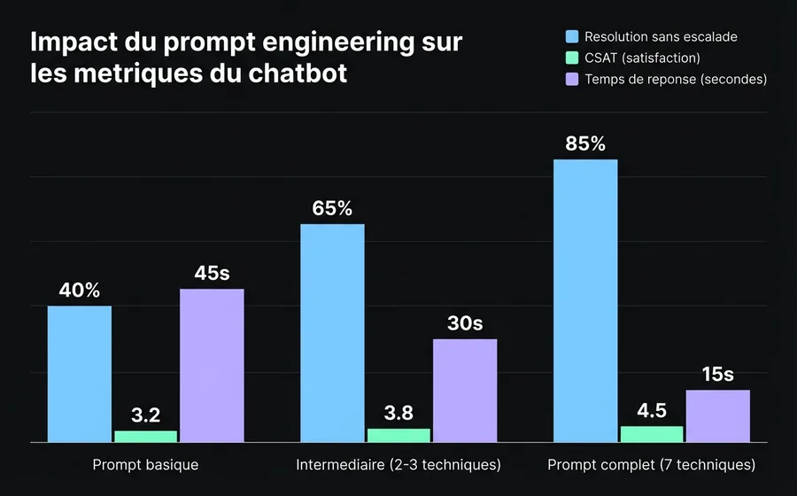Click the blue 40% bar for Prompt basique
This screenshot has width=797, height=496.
[80, 373]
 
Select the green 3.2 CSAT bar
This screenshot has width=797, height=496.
[145, 436]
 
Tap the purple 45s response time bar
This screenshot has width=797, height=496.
[212, 364]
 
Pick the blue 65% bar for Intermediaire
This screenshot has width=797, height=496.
[332, 332]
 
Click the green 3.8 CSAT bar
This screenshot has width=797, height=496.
[398, 435]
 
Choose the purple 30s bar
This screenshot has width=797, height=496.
[465, 390]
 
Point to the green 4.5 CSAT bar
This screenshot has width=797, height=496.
[652, 433]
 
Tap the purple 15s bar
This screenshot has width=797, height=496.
[717, 415]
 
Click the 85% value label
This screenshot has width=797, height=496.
[585, 143]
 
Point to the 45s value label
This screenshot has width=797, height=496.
[212, 274]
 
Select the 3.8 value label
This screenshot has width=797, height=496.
[398, 413]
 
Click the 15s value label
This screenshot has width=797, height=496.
[717, 375]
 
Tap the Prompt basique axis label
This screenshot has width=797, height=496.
[145, 465]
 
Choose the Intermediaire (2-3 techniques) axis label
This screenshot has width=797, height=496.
[398, 465]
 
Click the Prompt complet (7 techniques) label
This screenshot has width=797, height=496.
[652, 465]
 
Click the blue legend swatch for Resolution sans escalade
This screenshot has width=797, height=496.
[572, 37]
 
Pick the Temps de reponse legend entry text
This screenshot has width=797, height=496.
[676, 79]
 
